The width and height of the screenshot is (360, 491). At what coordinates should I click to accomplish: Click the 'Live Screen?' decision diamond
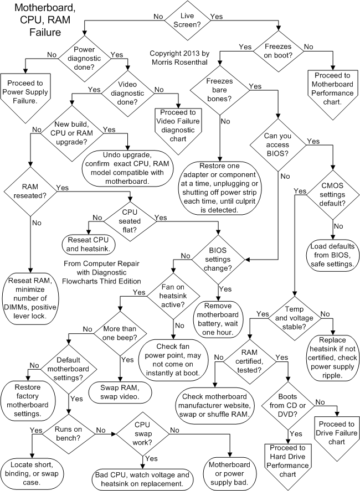click(x=187, y=20)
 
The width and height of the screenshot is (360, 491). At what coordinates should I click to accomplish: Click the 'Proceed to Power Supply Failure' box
click(x=28, y=90)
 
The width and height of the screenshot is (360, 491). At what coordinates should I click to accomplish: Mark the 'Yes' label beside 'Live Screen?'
click(x=217, y=17)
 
